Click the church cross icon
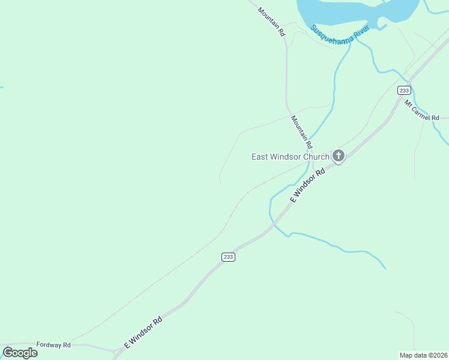tap(339, 157)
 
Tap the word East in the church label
tap(260, 157)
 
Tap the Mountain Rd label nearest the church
tap(302, 132)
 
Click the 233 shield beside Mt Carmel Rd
tap(404, 90)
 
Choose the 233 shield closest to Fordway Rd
tap(228, 257)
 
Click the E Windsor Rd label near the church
tap(307, 185)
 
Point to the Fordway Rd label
tap(53, 345)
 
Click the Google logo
tap(20, 353)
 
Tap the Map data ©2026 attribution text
tap(423, 355)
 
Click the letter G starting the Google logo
tap(8, 353)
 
